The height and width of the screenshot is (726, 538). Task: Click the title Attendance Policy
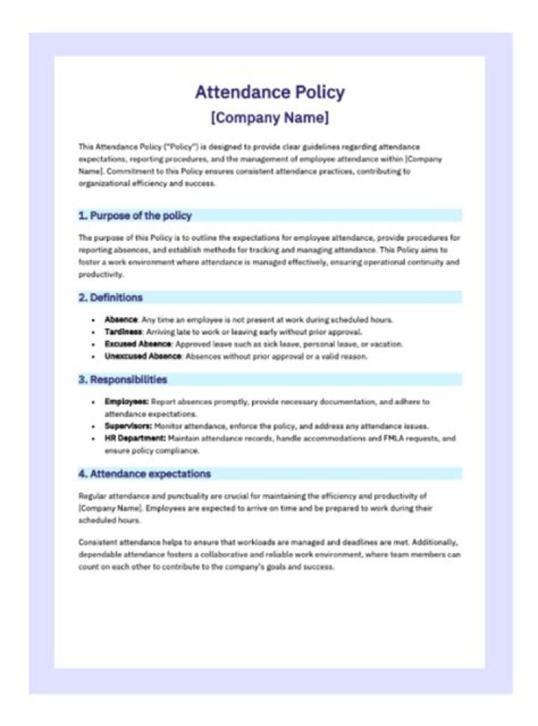(270, 93)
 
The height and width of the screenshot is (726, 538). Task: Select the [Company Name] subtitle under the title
(270, 117)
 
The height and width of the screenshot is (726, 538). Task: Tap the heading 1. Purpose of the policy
(135, 215)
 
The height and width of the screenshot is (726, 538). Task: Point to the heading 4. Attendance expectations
(145, 473)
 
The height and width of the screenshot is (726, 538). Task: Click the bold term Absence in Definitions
(121, 320)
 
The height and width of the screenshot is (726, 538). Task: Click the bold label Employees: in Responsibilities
(126, 402)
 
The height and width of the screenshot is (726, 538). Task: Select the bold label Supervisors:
(129, 425)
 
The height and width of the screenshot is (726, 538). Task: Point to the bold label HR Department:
(135, 438)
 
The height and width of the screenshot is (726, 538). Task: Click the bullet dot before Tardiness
(93, 332)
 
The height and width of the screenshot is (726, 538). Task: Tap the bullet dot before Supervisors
(93, 425)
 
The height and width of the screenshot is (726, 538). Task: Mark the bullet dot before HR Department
(93, 438)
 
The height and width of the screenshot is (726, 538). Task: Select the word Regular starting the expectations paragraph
(92, 496)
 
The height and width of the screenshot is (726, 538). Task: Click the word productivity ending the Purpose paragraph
(99, 274)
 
